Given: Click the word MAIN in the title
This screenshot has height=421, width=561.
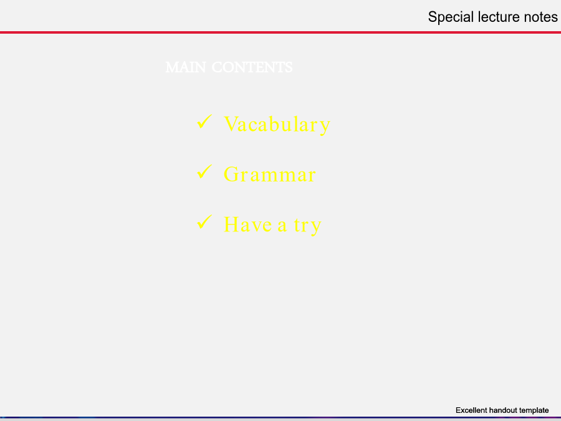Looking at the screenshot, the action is coord(186,67).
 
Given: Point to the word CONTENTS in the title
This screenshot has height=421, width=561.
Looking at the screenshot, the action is coord(252,67).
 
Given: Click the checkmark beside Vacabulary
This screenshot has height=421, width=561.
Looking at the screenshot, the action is coord(204,122).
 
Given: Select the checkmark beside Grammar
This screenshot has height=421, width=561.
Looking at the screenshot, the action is coord(204,172).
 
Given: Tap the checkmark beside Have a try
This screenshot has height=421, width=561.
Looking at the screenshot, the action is coord(204,221).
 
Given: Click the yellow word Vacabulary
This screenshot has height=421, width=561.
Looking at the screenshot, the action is coord(277,125).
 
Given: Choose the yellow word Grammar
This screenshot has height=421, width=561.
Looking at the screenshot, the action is coord(269,175).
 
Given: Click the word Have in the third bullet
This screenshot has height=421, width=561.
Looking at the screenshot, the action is coord(247,225).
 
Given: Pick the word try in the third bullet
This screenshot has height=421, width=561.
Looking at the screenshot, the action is coord(308,226).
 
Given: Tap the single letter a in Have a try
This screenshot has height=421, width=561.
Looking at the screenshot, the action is coord(282,226).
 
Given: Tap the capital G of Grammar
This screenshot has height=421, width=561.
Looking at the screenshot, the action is coord(231,175).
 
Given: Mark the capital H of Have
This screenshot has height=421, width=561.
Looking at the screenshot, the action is coord(231,225).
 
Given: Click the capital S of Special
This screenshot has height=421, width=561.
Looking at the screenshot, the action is coord(433,17).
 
